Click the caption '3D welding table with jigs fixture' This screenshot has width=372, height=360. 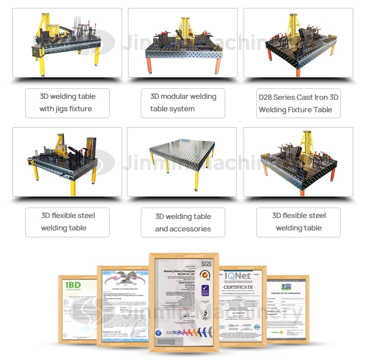point(67,103)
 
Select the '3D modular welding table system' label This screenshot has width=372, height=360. point(183,103)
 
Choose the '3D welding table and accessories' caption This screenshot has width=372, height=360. point(183,222)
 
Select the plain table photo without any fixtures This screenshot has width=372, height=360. point(183,162)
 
